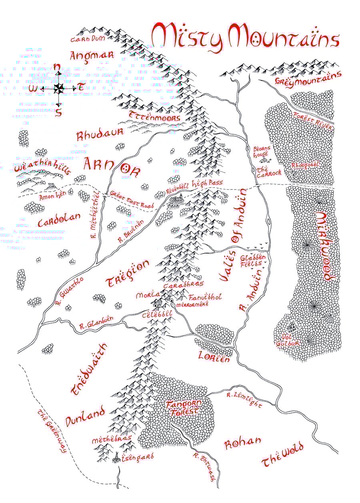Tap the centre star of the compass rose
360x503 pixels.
tap(59, 88)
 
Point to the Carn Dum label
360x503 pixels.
tap(87, 40)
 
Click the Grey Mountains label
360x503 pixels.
tap(308, 78)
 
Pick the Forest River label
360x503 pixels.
tap(313, 120)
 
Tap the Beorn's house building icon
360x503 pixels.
tap(264, 160)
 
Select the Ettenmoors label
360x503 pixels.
tap(154, 117)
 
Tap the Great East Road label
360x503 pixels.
tap(132, 200)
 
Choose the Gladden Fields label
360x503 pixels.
tap(253, 261)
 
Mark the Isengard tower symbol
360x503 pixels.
tap(116, 458)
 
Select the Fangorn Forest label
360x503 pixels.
tap(182, 408)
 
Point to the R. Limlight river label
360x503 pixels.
tap(244, 400)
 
